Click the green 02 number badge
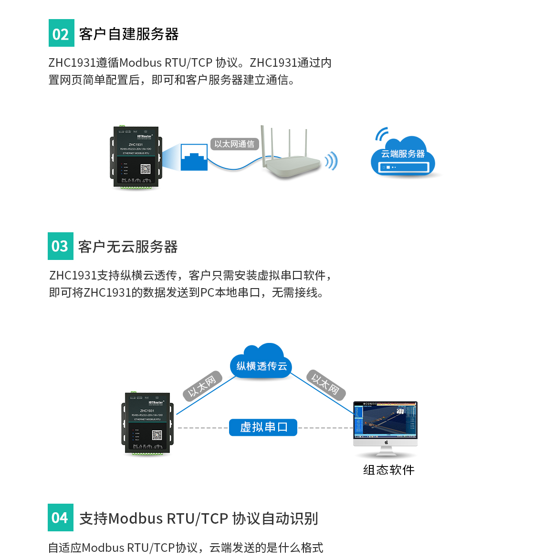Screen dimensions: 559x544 pyautogui.click(x=62, y=33)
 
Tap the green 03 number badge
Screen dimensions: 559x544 pyautogui.click(x=61, y=246)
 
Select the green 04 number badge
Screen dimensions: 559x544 pyautogui.click(x=61, y=518)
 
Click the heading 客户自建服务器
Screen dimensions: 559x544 pyautogui.click(x=129, y=34)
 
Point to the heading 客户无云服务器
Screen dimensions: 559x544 pyautogui.click(x=128, y=247)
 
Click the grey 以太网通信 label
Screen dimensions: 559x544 pyautogui.click(x=234, y=144)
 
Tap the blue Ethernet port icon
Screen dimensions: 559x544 pyautogui.click(x=194, y=157)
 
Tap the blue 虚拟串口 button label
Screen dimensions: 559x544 pyautogui.click(x=263, y=427)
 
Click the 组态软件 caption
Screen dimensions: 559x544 pyautogui.click(x=388, y=470)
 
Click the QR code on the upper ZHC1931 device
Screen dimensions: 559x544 pyautogui.click(x=146, y=169)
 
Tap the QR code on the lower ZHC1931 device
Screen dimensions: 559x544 pyautogui.click(x=157, y=435)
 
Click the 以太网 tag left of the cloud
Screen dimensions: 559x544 pyautogui.click(x=202, y=385)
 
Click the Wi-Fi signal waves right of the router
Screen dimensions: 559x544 pyautogui.click(x=331, y=161)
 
